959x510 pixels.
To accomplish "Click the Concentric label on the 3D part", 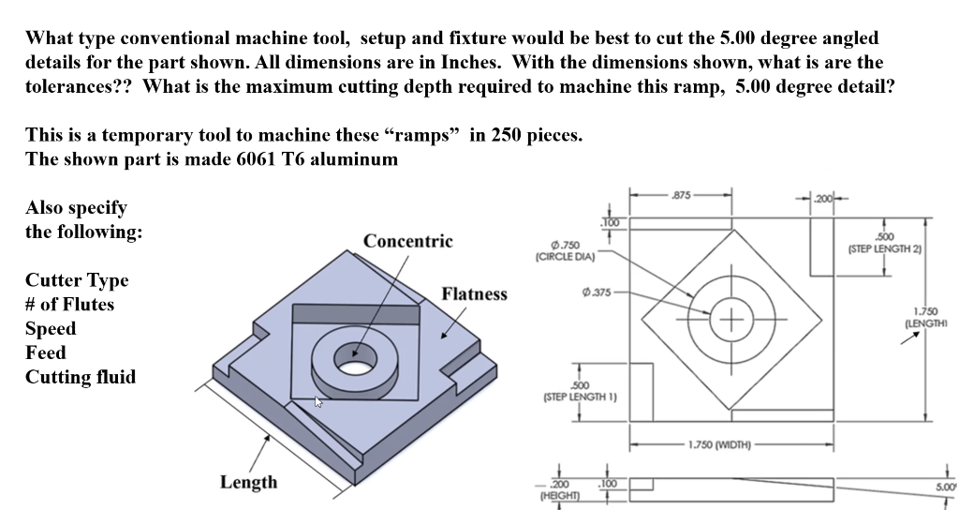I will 407,241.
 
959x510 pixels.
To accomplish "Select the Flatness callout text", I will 474,293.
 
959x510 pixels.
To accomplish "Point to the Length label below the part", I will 248,482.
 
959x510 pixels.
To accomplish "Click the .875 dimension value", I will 681,195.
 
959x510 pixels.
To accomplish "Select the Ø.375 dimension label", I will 597,290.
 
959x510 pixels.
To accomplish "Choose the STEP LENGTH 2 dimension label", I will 884,243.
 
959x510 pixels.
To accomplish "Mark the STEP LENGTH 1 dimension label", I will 580,392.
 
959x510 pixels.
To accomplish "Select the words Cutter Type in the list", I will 77,280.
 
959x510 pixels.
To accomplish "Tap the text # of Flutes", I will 69,305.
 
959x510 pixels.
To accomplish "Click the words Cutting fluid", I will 81,377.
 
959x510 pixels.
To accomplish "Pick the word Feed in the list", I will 46,352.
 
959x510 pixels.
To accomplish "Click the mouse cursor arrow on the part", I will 318,402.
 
